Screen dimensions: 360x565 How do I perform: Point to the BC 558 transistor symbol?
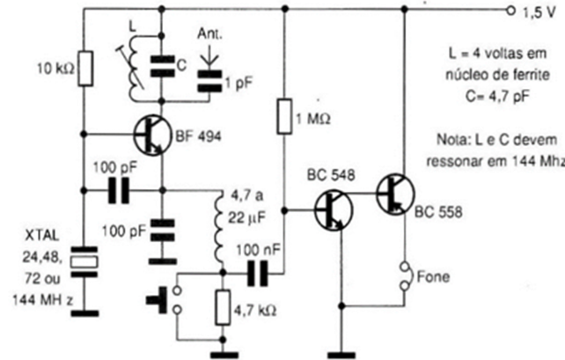click(x=394, y=194)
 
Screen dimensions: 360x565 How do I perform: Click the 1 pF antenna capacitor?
click(x=210, y=81)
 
